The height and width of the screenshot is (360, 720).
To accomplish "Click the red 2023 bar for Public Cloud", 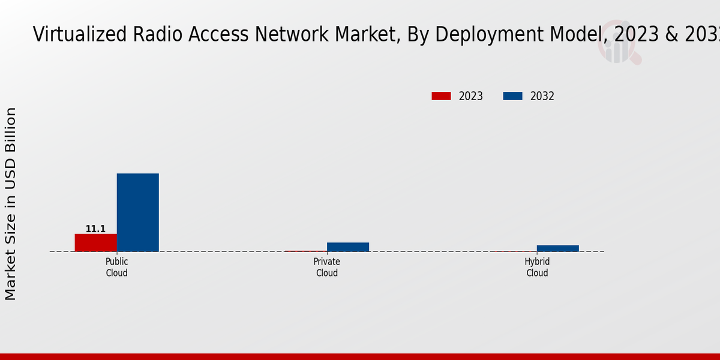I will pyautogui.click(x=95, y=242).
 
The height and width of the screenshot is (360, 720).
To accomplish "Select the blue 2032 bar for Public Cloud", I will pyautogui.click(x=137, y=212).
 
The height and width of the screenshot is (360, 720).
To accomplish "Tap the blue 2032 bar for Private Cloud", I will pyautogui.click(x=348, y=247).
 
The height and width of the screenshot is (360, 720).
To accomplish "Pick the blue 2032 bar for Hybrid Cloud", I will pyautogui.click(x=558, y=248).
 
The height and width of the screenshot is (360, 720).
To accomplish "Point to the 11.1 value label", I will pyautogui.click(x=95, y=229).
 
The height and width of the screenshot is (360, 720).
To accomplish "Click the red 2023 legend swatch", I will pyautogui.click(x=441, y=96).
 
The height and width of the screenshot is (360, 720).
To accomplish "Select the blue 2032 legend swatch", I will pyautogui.click(x=512, y=96).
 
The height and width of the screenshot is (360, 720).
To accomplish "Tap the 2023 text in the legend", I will pyautogui.click(x=471, y=96).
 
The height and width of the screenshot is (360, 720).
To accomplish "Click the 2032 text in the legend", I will pyautogui.click(x=542, y=96).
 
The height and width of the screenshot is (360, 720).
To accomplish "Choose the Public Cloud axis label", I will pyautogui.click(x=116, y=268).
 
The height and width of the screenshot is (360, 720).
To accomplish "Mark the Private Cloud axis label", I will pyautogui.click(x=327, y=268).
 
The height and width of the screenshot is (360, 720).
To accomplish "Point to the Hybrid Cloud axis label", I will pyautogui.click(x=537, y=268).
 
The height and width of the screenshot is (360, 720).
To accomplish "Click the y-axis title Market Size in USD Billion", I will pyautogui.click(x=11, y=204).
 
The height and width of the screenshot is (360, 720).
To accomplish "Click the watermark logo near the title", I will pyautogui.click(x=618, y=46).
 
